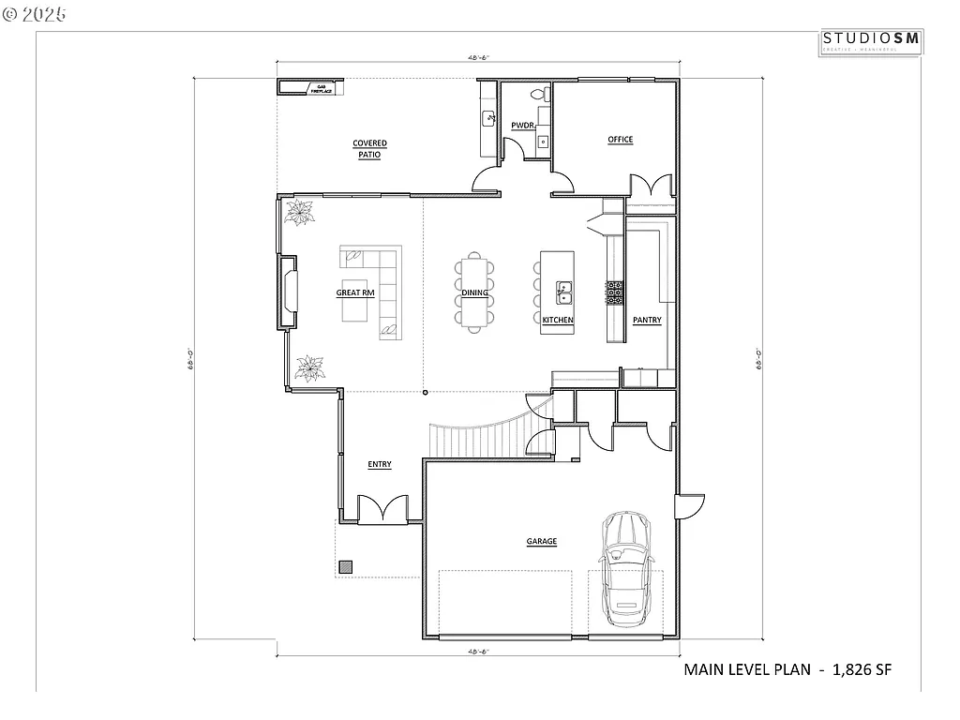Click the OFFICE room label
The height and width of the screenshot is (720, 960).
point(620,140)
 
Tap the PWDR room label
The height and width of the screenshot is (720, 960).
point(522,125)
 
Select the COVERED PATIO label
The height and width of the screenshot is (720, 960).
point(369,149)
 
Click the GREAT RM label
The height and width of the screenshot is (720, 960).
point(355,292)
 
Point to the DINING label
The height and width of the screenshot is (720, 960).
point(474,292)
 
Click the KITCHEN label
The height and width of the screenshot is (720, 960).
point(558,320)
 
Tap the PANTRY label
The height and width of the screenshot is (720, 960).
point(647,320)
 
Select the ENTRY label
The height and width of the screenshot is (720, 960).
point(380,464)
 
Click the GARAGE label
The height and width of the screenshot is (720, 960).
point(541,541)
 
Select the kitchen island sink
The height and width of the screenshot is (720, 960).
point(564,292)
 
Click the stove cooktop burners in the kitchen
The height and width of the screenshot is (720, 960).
point(615,292)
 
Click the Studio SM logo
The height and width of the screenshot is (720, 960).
point(872,40)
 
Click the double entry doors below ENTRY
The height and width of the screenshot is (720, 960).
point(383,509)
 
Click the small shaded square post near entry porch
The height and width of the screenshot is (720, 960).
point(346,566)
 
